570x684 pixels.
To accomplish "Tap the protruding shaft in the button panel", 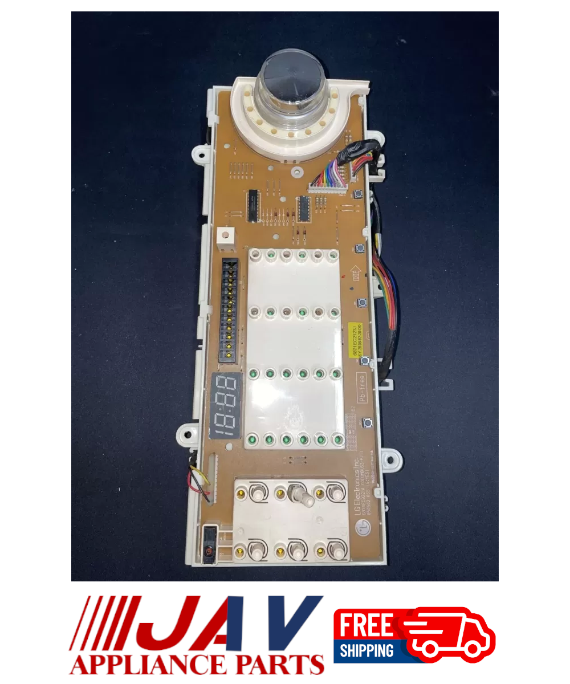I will [303, 497].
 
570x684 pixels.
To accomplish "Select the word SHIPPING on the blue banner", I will [367, 650].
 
